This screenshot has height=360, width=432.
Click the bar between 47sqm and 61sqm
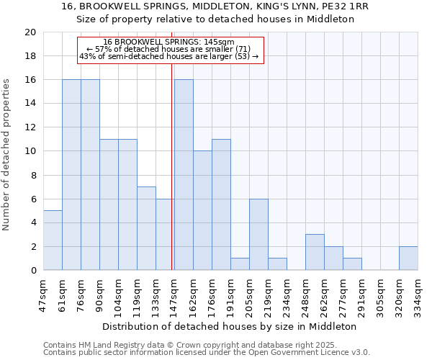pyautogui.click(x=53, y=240)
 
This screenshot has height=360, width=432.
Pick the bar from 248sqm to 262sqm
pyautogui.click(x=315, y=253)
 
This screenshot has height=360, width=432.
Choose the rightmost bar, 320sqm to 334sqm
pyautogui.click(x=408, y=258)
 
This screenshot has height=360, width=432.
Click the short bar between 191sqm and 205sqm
pyautogui.click(x=240, y=264)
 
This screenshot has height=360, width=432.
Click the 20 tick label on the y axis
pyautogui.click(x=30, y=32)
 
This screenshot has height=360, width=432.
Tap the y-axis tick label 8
pyautogui.click(x=32, y=175)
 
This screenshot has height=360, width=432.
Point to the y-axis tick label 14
pyautogui.click(x=30, y=104)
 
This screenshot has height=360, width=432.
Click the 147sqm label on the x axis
pyautogui.click(x=173, y=294)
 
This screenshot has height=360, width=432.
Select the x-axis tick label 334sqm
pyautogui.click(x=417, y=294)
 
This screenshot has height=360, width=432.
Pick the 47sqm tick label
pyautogui.click(x=43, y=294)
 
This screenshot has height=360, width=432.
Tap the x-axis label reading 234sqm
pyautogui.click(x=286, y=294)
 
